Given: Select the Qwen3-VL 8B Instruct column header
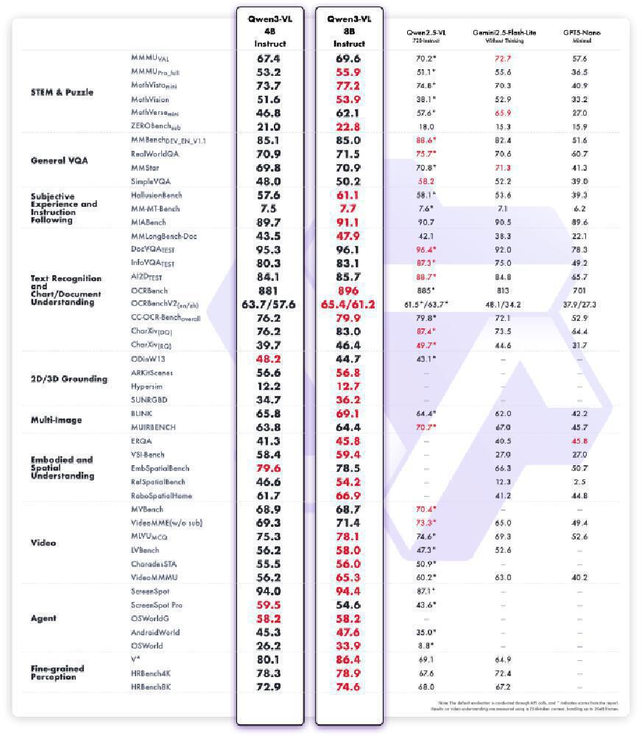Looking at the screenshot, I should [x=349, y=31].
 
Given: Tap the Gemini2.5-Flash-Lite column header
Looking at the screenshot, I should [x=503, y=36].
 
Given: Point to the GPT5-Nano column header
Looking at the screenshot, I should [x=579, y=36].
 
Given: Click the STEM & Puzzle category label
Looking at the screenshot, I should [x=62, y=93].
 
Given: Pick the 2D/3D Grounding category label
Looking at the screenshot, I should [x=69, y=379].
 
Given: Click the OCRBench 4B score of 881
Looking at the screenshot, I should [x=269, y=291].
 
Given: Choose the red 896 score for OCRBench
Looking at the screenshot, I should [x=349, y=291].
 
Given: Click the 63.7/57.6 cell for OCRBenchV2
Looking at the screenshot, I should [x=269, y=304].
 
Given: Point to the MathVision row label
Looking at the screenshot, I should [x=149, y=99].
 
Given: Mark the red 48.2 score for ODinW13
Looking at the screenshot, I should [x=269, y=359].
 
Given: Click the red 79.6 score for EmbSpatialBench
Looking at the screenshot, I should [x=269, y=468].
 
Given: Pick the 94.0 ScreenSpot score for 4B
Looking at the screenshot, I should [x=269, y=591].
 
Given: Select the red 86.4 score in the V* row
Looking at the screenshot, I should [x=349, y=659].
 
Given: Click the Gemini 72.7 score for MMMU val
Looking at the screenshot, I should [x=503, y=58].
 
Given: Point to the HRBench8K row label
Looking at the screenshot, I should [x=151, y=687].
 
